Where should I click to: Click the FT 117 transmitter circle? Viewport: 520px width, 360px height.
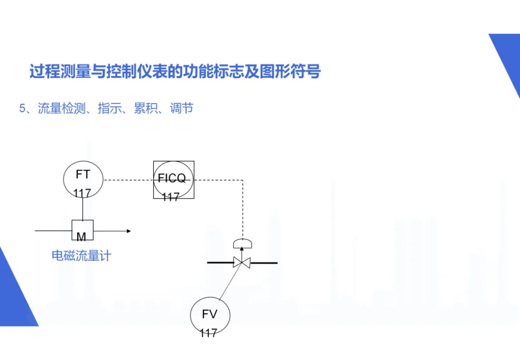pos(83,179)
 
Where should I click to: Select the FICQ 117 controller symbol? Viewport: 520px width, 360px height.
pos(174,180)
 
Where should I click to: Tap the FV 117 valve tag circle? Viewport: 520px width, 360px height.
pos(210,315)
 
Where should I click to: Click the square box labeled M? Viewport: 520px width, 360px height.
pos(82,231)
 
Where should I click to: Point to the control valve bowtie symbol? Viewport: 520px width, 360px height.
pos(242,263)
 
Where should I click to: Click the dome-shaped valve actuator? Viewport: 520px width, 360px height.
pos(242,244)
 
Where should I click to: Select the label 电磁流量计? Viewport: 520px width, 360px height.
pos(81,256)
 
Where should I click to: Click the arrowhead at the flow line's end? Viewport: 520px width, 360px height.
pos(128,231)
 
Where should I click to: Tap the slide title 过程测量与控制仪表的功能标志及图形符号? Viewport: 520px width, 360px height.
pos(175,72)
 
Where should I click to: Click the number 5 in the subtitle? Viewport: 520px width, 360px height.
pos(22,108)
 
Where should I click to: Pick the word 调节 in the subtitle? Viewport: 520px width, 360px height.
pos(182,108)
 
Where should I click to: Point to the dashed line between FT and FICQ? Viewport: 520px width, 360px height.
pos(128,180)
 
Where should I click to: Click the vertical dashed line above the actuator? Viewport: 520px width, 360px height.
pos(242,207)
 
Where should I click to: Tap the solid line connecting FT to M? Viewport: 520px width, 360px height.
pos(83,209)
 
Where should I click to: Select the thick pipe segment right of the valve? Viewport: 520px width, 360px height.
pos(264,263)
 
